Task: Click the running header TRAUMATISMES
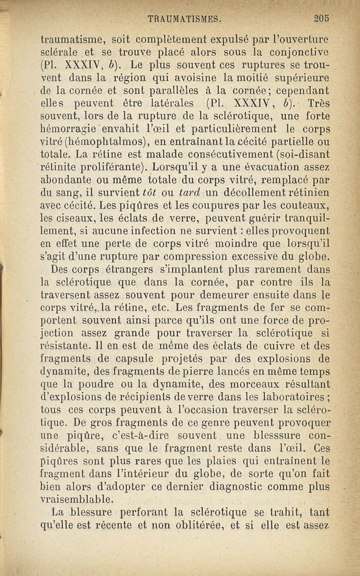[x=184, y=19]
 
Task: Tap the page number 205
[x=322, y=18]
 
